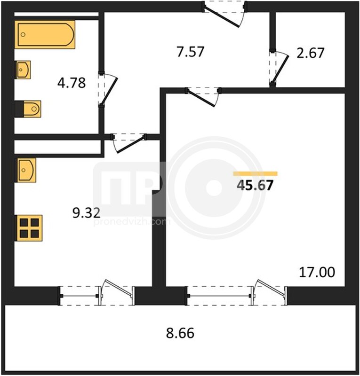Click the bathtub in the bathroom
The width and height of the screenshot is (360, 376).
pos(45,34)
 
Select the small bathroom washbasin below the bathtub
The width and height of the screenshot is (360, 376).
pos(24,70)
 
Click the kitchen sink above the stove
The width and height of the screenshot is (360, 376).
pos(26,170)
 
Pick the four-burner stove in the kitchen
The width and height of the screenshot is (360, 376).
pos(29,228)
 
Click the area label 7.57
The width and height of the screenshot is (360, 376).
pos(190,52)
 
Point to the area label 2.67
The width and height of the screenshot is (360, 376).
pos(310,53)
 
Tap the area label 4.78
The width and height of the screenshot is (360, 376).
pos(72,83)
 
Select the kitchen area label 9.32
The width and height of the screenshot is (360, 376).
pos(86,213)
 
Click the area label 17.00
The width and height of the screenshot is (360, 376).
pos(317,272)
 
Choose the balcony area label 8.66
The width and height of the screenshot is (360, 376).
pos(180,333)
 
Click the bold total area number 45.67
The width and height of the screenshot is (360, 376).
pos(255,185)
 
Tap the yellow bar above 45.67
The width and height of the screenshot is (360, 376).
pos(255,174)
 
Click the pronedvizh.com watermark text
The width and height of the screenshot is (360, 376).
pos(132,222)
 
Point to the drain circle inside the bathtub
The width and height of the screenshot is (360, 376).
pos(23,34)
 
